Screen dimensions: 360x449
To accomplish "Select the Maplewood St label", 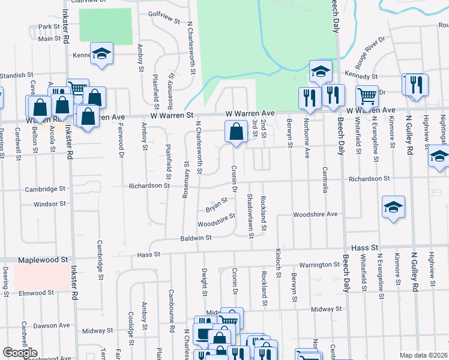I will [43, 260].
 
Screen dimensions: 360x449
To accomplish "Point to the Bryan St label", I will [217, 205].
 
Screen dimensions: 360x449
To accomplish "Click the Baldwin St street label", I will [197, 238].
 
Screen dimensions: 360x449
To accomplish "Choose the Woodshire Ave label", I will [316, 214].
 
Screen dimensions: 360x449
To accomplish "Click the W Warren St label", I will [170, 114].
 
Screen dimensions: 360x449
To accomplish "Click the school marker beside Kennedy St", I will [321, 71].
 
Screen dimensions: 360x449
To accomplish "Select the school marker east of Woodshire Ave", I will [393, 208].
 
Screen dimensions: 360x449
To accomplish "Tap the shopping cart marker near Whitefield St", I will [366, 95].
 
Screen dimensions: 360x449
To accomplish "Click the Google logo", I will [20, 353].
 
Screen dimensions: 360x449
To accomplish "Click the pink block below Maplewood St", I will [41, 277].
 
